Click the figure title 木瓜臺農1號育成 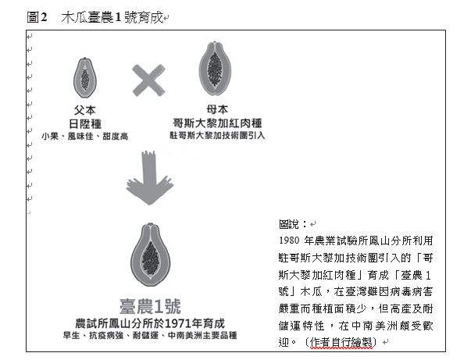(x=112, y=17)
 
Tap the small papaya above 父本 (x=85, y=78)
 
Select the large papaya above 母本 (x=215, y=69)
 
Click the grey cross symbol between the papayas (x=148, y=80)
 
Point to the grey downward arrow (x=150, y=178)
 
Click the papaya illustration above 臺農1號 (x=150, y=255)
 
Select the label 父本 (x=85, y=110)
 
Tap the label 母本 (x=217, y=109)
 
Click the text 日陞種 (x=85, y=123)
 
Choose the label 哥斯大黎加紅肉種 (x=217, y=123)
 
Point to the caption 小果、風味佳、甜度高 (x=84, y=137)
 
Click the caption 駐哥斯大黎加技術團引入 (x=217, y=135)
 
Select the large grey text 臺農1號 (x=150, y=306)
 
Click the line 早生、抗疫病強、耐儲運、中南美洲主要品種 (x=150, y=335)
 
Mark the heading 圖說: (x=293, y=224)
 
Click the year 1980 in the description (x=289, y=241)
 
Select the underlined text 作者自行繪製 (x=341, y=342)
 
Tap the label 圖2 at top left (x=37, y=17)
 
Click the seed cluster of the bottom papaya (x=150, y=258)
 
